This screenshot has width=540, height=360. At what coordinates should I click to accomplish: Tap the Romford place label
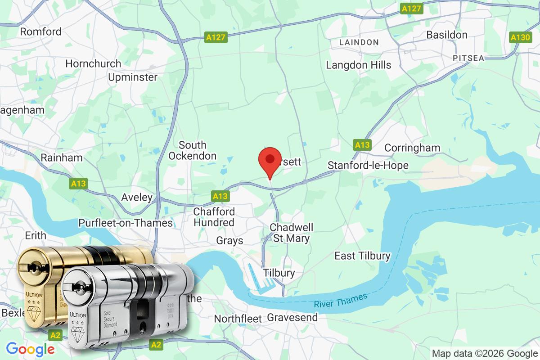coord(41,31)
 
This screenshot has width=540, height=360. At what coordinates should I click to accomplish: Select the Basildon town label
coord(447,35)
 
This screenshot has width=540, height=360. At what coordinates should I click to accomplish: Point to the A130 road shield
coord(520,37)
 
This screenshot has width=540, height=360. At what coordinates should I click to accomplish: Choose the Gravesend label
coord(292,317)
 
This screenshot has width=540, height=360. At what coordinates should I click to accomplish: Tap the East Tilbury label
coord(363,256)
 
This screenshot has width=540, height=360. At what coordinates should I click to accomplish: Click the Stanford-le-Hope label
coord(368,165)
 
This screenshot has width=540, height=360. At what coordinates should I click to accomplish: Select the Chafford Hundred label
coord(214,217)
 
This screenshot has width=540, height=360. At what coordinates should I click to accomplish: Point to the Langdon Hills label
coord(359,65)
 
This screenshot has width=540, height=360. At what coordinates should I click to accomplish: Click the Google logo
coord(30,349)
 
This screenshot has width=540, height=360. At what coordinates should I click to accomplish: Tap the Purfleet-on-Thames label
coord(126,223)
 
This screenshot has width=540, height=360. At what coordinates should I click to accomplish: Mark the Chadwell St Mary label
coord(292,233)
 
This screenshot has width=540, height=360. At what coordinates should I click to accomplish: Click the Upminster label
coord(133,77)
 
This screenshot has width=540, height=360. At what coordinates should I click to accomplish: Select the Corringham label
coord(413,148)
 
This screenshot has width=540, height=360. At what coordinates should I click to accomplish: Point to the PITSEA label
coord(468,58)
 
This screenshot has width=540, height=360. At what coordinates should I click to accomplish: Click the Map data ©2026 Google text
coord(485,353)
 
